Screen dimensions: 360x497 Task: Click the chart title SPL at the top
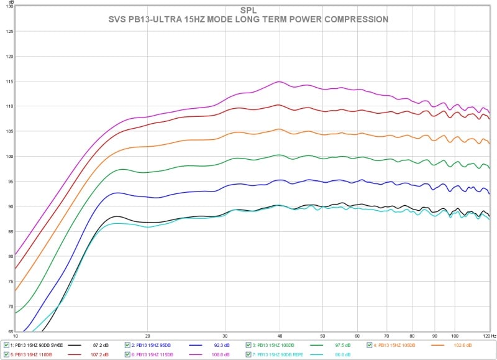[248, 11]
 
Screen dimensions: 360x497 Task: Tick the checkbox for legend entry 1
[6, 345]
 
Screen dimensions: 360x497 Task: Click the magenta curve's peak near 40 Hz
[280, 81]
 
